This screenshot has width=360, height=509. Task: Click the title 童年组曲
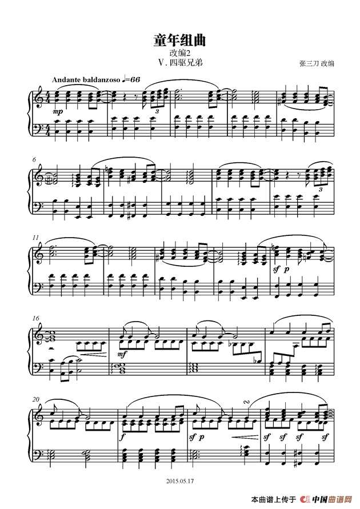coord(179,40)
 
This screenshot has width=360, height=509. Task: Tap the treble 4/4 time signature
coord(48,98)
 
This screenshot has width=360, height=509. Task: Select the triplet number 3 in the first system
coord(158,111)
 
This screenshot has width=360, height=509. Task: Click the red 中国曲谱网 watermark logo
coord(330,500)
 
